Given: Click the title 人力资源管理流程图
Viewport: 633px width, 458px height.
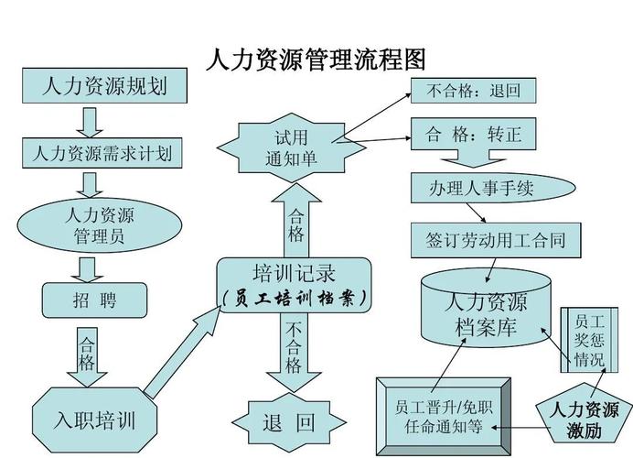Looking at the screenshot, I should tap(316, 60).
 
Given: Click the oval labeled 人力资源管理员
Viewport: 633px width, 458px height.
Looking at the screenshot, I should tap(99, 225).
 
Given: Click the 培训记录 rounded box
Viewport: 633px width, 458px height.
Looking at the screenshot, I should tap(294, 285).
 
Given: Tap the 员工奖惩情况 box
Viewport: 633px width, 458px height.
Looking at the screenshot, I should tap(584, 339).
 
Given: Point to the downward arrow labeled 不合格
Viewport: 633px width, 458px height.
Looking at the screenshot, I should tap(293, 353).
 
